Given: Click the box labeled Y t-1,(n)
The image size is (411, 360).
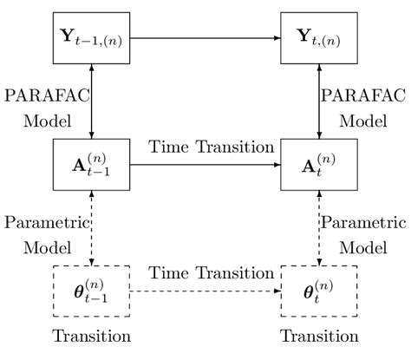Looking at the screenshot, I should pyautogui.click(x=92, y=39).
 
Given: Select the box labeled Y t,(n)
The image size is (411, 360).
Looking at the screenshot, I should pyautogui.click(x=320, y=39).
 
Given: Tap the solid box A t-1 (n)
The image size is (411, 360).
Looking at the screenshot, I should pyautogui.click(x=92, y=165).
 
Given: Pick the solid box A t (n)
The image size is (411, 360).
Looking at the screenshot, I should pyautogui.click(x=320, y=165).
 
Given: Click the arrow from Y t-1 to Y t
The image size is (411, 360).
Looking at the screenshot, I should pyautogui.click(x=205, y=39).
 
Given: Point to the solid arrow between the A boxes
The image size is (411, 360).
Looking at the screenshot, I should pyautogui.click(x=205, y=165).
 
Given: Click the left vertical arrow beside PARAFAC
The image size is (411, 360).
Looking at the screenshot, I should pyautogui.click(x=92, y=101).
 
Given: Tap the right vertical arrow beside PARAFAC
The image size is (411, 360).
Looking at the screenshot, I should pyautogui.click(x=320, y=101).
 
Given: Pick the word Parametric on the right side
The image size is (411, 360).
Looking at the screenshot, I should pyautogui.click(x=365, y=220).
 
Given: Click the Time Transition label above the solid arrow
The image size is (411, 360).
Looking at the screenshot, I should pyautogui.click(x=210, y=147).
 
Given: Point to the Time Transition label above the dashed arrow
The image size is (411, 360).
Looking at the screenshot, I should pyautogui.click(x=210, y=273).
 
